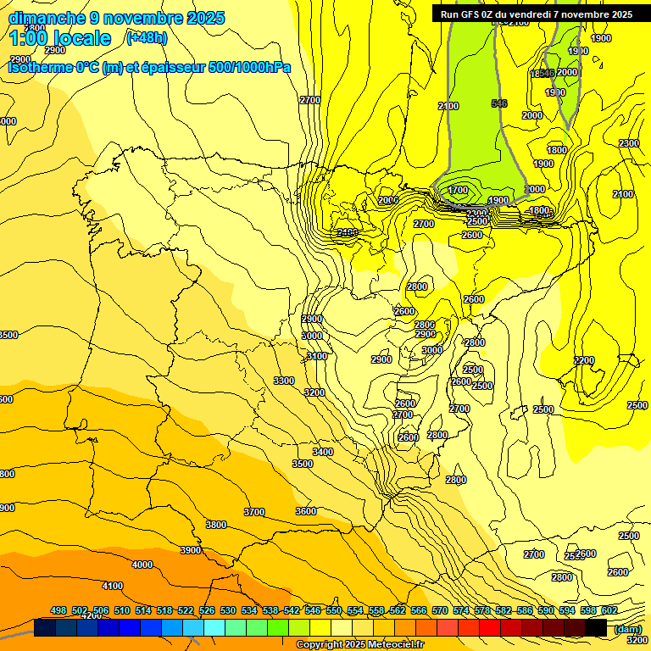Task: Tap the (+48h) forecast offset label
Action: click(x=147, y=37)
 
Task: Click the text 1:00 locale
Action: click(x=60, y=38)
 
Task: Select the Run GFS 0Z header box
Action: click(x=536, y=14)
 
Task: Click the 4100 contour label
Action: click(x=112, y=586)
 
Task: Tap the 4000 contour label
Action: click(x=142, y=565)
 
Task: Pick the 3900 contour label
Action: click(x=191, y=550)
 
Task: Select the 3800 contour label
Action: click(x=216, y=525)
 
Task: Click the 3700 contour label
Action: click(x=254, y=512)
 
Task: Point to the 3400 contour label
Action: click(x=323, y=452)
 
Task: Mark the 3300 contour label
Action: click(x=284, y=381)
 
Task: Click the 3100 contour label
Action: click(x=317, y=356)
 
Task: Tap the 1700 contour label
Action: click(x=458, y=190)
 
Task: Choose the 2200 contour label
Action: click(x=584, y=360)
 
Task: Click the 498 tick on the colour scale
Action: click(x=58, y=610)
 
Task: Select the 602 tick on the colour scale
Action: click(x=609, y=610)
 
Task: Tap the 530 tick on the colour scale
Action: click(x=228, y=610)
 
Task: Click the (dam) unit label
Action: click(x=628, y=628)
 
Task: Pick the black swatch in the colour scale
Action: click(x=596, y=627)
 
